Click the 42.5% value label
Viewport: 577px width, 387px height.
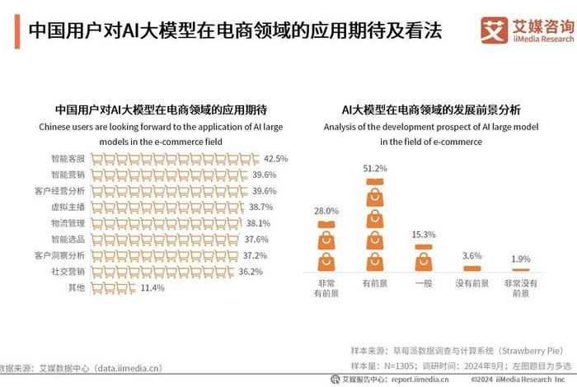click(276, 159)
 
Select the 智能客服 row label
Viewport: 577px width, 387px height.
click(67, 159)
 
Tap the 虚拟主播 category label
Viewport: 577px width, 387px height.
click(67, 207)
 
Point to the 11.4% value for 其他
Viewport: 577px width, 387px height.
click(153, 287)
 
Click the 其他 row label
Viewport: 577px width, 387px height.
click(75, 287)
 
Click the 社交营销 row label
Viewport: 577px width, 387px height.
click(67, 271)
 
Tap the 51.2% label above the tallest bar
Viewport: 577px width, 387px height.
click(375, 168)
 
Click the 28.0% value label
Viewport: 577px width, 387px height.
click(326, 211)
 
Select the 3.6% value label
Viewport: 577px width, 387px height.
click(471, 256)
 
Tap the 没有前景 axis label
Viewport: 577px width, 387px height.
click(471, 283)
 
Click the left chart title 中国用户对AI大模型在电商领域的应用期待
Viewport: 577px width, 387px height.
click(165, 109)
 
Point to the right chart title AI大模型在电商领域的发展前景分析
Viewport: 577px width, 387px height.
click(425, 109)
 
